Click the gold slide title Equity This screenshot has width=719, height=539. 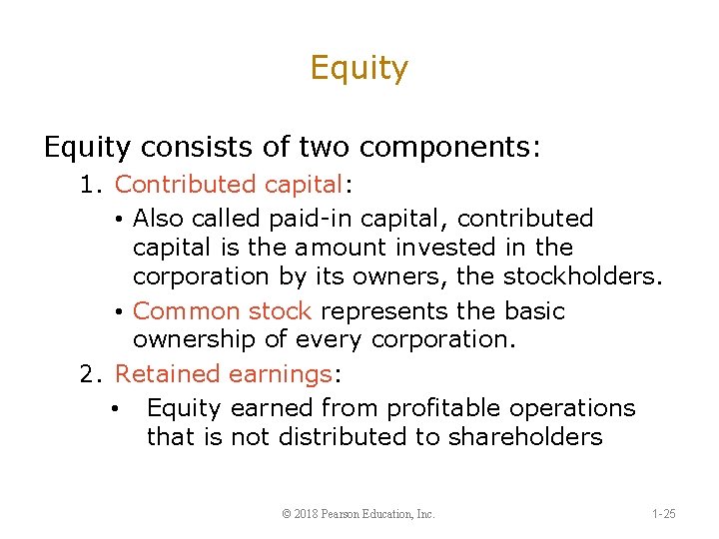pyautogui.click(x=359, y=69)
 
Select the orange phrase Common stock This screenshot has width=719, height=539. pyautogui.click(x=222, y=311)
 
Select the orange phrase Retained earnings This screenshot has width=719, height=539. pyautogui.click(x=224, y=374)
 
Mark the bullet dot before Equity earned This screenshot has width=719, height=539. pyautogui.click(x=117, y=409)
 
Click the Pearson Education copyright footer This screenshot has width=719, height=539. pyautogui.click(x=359, y=514)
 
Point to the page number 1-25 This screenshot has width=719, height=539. pyautogui.click(x=663, y=514)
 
